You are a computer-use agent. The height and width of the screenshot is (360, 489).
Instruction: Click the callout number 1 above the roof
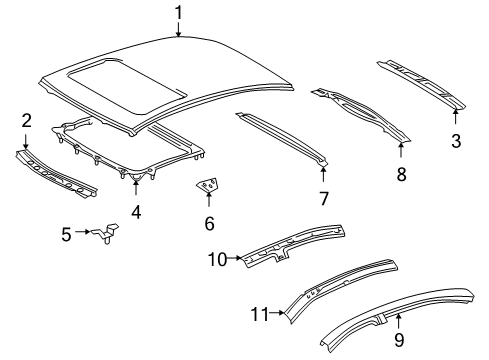[x=178, y=13]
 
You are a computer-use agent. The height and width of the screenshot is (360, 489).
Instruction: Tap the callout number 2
[x=26, y=122]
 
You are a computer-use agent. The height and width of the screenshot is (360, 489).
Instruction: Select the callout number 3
[x=456, y=140]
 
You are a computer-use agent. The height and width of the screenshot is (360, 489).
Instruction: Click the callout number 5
[x=66, y=234]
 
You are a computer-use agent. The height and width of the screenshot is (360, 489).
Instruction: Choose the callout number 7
[x=323, y=198]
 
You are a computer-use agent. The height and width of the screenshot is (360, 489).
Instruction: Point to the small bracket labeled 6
[x=208, y=187]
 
